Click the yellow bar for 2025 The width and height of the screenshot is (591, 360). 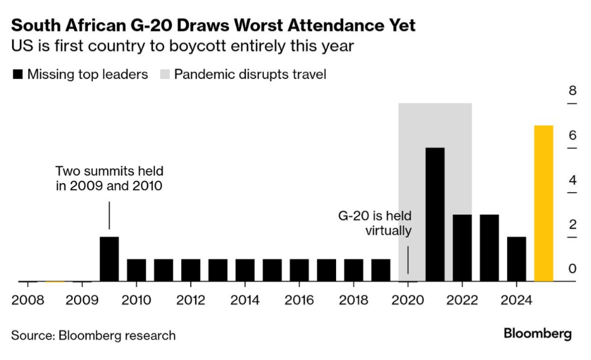543,203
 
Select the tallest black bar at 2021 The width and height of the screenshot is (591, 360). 435,214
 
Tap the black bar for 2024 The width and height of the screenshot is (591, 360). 516,259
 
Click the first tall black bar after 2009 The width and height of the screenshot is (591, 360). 109,259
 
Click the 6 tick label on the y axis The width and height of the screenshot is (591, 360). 572,136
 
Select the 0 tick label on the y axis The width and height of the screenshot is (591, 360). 572,269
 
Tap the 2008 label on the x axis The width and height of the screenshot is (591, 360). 28,300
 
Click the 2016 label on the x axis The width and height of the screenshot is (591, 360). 299,300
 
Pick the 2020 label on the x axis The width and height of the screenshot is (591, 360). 408,300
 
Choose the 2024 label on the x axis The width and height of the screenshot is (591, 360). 516,300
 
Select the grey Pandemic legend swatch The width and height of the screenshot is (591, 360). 164,75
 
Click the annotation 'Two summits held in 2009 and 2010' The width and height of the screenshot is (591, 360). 109,178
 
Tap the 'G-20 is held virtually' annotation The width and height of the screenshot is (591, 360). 375,223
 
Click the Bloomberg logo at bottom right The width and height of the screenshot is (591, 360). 537,334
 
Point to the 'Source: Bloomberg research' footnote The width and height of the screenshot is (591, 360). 93,335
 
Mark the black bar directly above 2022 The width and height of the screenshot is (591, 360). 462,247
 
